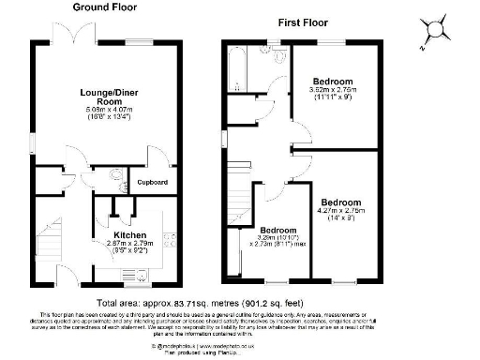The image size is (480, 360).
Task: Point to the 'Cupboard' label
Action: coord(152,182)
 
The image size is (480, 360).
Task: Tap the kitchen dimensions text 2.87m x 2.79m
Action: coord(129,244)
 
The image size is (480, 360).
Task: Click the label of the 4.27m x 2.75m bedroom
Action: coord(341,202)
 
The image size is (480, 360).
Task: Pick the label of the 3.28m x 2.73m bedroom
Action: coord(279,231)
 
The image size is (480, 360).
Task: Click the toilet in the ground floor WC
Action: coord(115,176)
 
